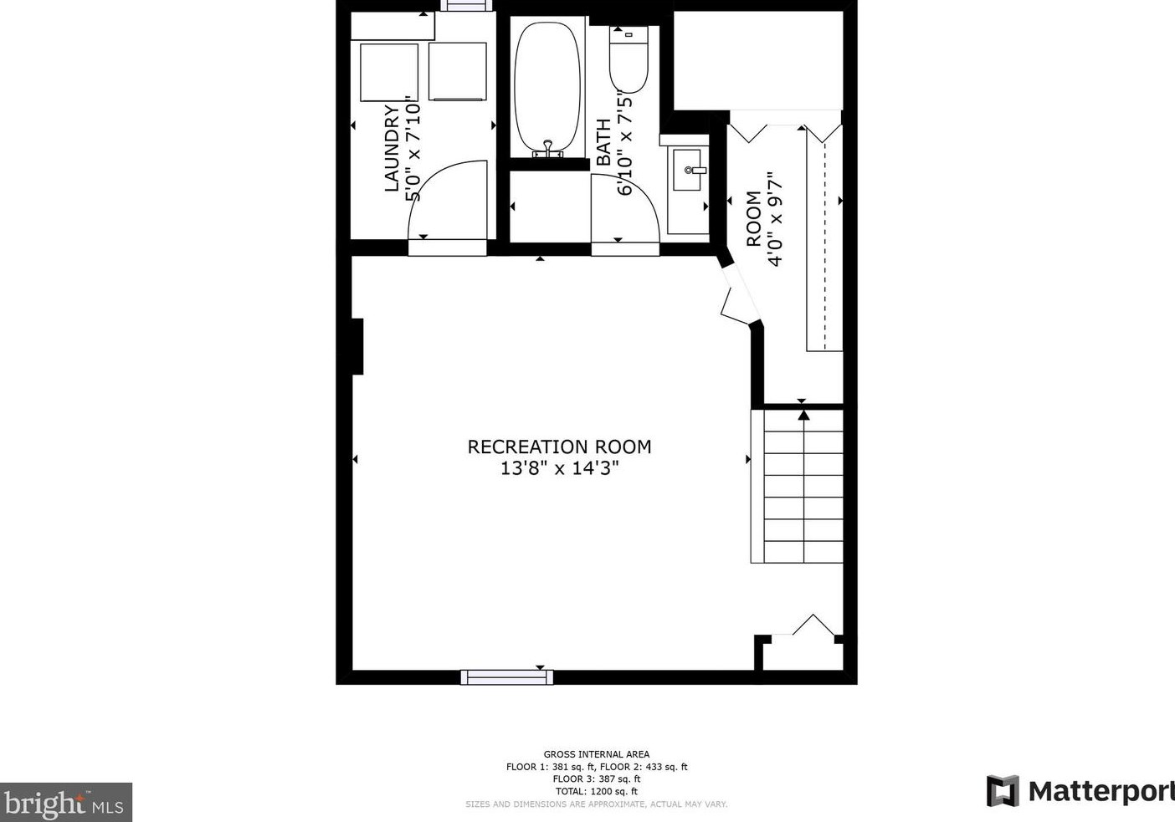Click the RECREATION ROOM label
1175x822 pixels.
pos(559,447)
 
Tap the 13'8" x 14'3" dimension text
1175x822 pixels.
pos(559,468)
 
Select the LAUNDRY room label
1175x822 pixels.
pos(392,148)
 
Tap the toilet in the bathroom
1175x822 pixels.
pos(629,59)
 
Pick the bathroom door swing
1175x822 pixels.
pos(623,209)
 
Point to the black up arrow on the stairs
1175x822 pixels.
pos(803,414)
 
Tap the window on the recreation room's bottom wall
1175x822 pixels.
pos(506,676)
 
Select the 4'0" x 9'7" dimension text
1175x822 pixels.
pos(775,219)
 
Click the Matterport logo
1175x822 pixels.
pos(1080,790)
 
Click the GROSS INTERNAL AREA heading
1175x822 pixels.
pos(596,754)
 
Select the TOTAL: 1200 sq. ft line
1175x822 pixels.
pos(596,791)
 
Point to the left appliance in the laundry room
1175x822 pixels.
pos(389,72)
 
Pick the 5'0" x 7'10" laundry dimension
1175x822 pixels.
pos(413,148)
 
